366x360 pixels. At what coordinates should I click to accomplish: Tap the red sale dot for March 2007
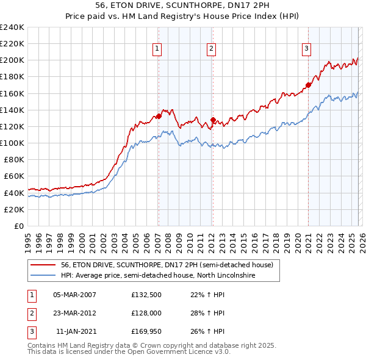(x=159, y=116)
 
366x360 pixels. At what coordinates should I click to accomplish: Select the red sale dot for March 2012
(x=213, y=120)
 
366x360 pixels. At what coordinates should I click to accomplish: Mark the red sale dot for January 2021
(x=308, y=85)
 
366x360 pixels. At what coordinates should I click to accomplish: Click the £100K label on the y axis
(x=12, y=143)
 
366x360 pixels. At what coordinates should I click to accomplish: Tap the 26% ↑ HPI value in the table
(x=209, y=331)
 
